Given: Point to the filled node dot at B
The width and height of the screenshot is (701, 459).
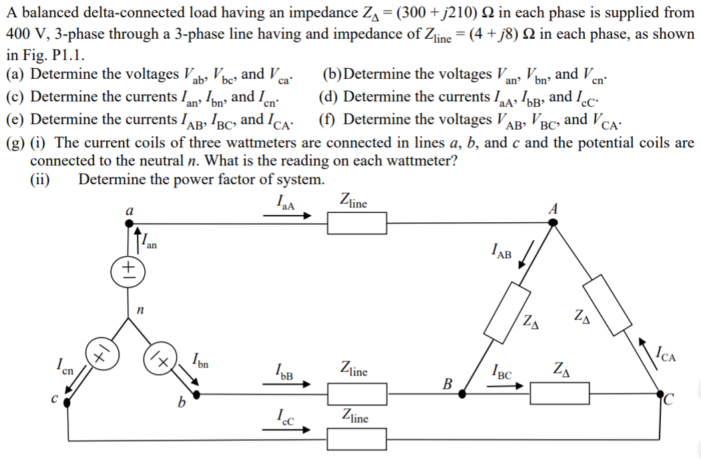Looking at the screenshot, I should [461, 394].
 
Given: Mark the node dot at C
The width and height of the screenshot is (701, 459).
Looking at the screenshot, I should [660, 394].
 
